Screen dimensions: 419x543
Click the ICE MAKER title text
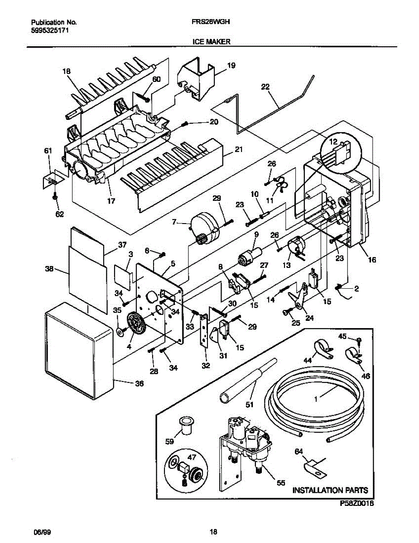click(212, 42)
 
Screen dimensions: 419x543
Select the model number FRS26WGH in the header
click(211, 22)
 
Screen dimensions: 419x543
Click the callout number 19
click(231, 66)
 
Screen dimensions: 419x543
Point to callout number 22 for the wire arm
click(265, 87)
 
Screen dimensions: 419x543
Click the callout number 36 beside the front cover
click(140, 383)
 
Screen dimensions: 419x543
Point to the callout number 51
click(250, 405)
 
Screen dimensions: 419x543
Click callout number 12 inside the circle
click(333, 142)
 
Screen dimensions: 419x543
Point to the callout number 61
click(48, 151)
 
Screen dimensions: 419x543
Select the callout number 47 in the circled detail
click(192, 457)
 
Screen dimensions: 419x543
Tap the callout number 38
click(49, 269)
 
